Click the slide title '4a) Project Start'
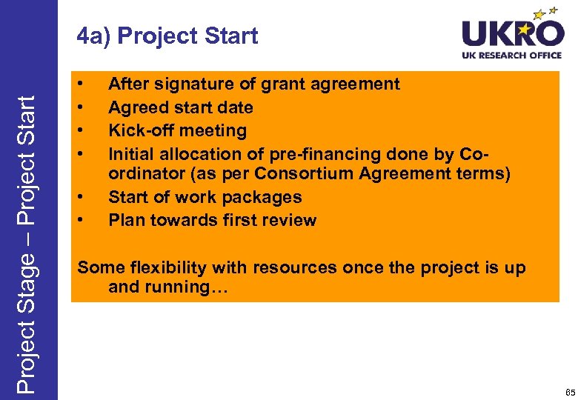point(167,36)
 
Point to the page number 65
point(569,391)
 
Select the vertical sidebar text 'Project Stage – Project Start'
point(27,235)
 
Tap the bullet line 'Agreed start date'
point(181,107)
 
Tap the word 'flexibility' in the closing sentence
point(173,267)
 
